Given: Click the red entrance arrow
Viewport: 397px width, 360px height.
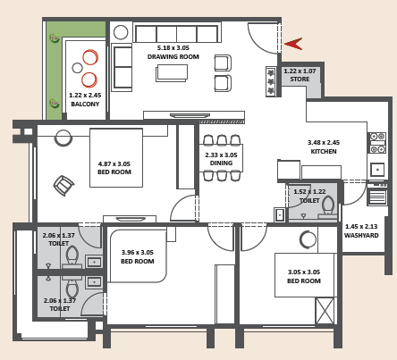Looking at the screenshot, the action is tap(293, 44).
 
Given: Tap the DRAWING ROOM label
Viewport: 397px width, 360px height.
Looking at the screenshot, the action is tap(173, 56).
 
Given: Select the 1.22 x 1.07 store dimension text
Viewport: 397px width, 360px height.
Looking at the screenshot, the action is tap(300, 71).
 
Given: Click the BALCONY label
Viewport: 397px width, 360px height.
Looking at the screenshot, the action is tap(85, 104).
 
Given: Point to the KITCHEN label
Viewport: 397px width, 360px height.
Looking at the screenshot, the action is tap(324, 151).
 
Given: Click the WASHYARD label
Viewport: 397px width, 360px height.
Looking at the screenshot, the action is tap(361, 235).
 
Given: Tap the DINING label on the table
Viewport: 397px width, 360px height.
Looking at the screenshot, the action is tap(221, 163).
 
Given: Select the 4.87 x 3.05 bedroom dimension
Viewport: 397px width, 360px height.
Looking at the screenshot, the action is tap(114, 163).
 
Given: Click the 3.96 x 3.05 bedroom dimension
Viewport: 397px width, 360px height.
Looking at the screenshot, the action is tap(138, 253).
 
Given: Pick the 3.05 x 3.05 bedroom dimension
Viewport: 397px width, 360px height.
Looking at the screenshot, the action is tap(304, 272).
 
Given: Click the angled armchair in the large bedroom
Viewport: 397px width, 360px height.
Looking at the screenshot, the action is tap(63, 186).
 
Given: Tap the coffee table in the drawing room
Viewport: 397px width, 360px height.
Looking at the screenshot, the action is tap(172, 73).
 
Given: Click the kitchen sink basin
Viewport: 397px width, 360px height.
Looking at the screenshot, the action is tap(377, 170).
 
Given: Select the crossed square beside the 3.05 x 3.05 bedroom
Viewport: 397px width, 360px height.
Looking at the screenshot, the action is tap(325, 311).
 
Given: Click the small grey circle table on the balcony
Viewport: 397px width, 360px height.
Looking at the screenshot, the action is tap(77, 68).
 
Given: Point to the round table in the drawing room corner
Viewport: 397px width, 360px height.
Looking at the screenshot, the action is tap(121, 32).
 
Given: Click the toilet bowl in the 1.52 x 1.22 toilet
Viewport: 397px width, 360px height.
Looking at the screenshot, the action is tap(328, 205).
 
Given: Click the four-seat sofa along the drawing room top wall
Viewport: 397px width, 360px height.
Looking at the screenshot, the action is tap(177, 33).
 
